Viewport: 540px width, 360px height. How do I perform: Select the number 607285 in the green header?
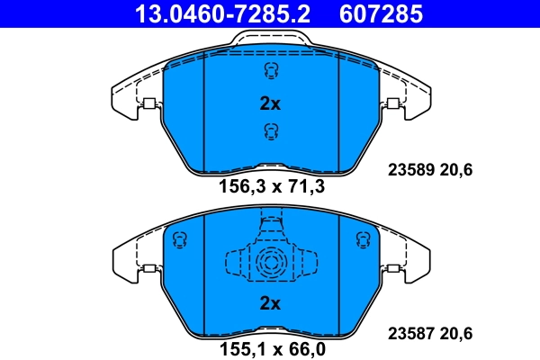tap(379, 14)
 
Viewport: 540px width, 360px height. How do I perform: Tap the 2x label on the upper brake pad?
tap(270, 103)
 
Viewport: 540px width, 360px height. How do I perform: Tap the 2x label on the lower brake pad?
tap(270, 304)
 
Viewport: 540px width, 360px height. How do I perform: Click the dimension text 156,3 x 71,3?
tap(271, 188)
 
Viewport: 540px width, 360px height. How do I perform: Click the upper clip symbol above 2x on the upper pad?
tap(269, 72)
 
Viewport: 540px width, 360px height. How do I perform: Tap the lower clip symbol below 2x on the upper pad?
tap(269, 132)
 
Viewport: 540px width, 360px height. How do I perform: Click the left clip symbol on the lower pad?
tap(178, 238)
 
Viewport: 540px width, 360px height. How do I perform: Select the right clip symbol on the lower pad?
tap(364, 238)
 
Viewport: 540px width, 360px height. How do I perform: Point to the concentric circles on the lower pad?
tap(270, 263)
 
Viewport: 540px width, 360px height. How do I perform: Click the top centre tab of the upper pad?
tap(270, 40)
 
